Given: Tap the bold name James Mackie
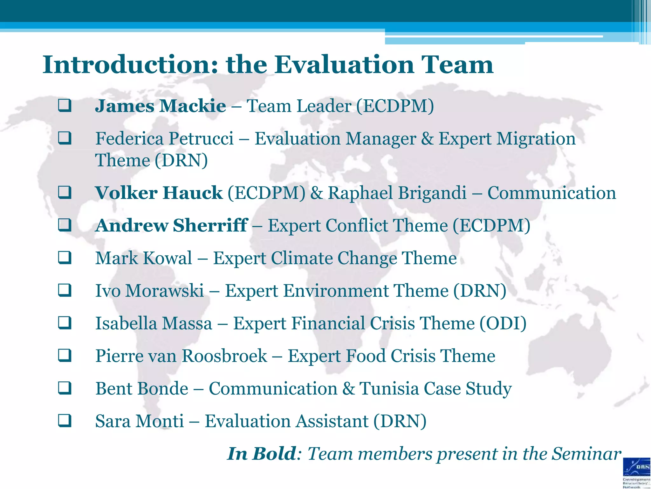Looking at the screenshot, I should [x=161, y=106].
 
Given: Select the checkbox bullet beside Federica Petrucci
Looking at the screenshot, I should [x=65, y=138].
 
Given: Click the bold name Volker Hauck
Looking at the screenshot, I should [x=159, y=193].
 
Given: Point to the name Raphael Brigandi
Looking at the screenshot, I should [x=397, y=193].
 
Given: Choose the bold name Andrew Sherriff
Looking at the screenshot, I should [x=171, y=225].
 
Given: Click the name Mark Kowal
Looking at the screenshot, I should [x=144, y=258].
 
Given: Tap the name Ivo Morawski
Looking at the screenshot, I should [x=149, y=291].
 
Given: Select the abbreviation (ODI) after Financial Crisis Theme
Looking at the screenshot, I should [x=503, y=323].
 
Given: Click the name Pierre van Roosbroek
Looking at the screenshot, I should [x=181, y=356].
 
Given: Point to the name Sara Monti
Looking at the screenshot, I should [x=140, y=421].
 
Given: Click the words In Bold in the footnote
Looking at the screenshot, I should [x=262, y=454].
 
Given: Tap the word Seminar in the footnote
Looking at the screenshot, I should [x=586, y=454].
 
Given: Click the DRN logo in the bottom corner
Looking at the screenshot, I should [x=637, y=472].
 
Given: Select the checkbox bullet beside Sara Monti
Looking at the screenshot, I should [x=65, y=421].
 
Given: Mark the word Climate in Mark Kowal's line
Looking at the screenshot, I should [x=302, y=258].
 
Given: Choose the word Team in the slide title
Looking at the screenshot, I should [x=457, y=65].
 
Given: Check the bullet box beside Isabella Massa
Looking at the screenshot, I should [x=65, y=323].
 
